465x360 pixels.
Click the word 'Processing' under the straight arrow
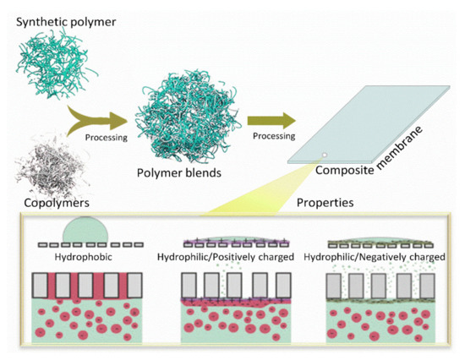[269, 134]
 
